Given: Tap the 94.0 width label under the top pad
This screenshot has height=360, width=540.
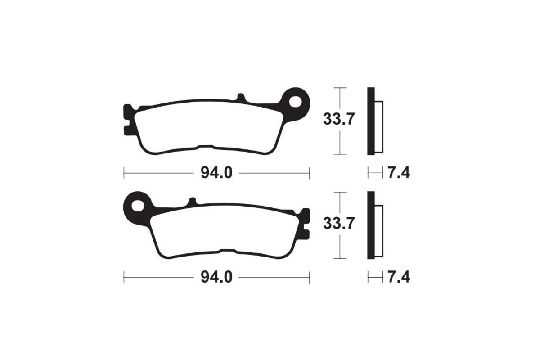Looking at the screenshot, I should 216,173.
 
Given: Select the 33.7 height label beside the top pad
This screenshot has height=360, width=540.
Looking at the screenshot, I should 339,120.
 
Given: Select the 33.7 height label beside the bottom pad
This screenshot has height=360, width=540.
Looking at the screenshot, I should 339,224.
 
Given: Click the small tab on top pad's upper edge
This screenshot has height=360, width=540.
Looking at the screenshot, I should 241,98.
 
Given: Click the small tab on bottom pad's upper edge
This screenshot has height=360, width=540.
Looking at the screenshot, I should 192,202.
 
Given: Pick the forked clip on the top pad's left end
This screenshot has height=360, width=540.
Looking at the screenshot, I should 128,120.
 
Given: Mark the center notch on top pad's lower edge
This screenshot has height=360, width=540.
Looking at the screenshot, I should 206,147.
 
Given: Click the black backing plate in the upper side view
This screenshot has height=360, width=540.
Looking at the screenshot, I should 370,121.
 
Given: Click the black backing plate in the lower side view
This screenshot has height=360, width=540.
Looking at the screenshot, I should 370,225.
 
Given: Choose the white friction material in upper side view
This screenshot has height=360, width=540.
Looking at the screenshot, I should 379,127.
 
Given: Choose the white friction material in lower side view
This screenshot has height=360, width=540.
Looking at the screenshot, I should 379,231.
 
